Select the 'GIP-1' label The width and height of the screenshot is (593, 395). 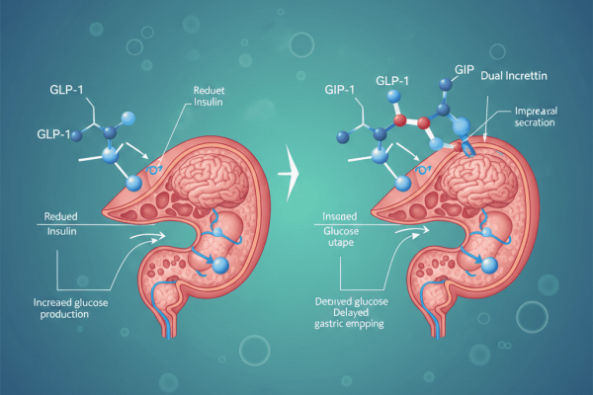point(341,90)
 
